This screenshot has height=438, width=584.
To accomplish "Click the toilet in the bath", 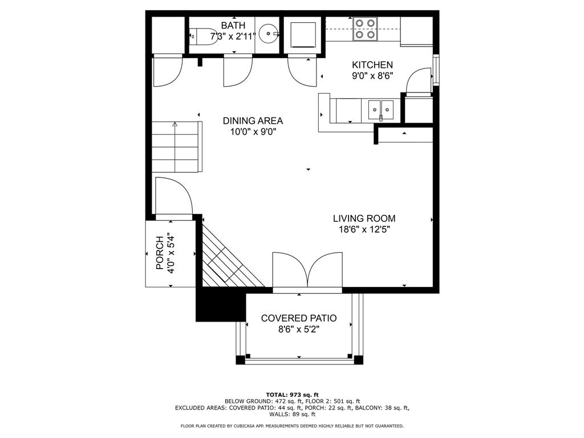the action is coord(204,36).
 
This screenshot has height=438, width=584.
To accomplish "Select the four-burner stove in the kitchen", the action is coord(365,29).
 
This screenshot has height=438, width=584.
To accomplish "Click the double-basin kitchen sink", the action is coord(380,110).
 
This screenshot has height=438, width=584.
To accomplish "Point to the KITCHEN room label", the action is coord(372,65).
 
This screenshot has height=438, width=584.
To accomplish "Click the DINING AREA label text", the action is coord(253,121).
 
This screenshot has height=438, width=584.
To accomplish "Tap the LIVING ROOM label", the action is coord(364,218).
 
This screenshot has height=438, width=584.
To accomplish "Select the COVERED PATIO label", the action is coord(299,318).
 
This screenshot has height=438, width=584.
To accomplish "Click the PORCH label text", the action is coord(160,253).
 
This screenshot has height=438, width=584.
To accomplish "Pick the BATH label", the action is coord(233,25).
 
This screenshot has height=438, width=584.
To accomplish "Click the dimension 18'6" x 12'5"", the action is coord(364,229).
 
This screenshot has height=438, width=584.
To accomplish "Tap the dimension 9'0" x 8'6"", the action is coord(372,76).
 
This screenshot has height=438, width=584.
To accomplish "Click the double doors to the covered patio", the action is coord(307,270).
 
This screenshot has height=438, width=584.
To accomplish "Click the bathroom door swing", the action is coord(238,71).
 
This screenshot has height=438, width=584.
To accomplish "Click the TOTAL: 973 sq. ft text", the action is coord(292,395).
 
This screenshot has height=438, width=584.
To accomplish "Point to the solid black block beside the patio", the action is coord(221,304).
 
